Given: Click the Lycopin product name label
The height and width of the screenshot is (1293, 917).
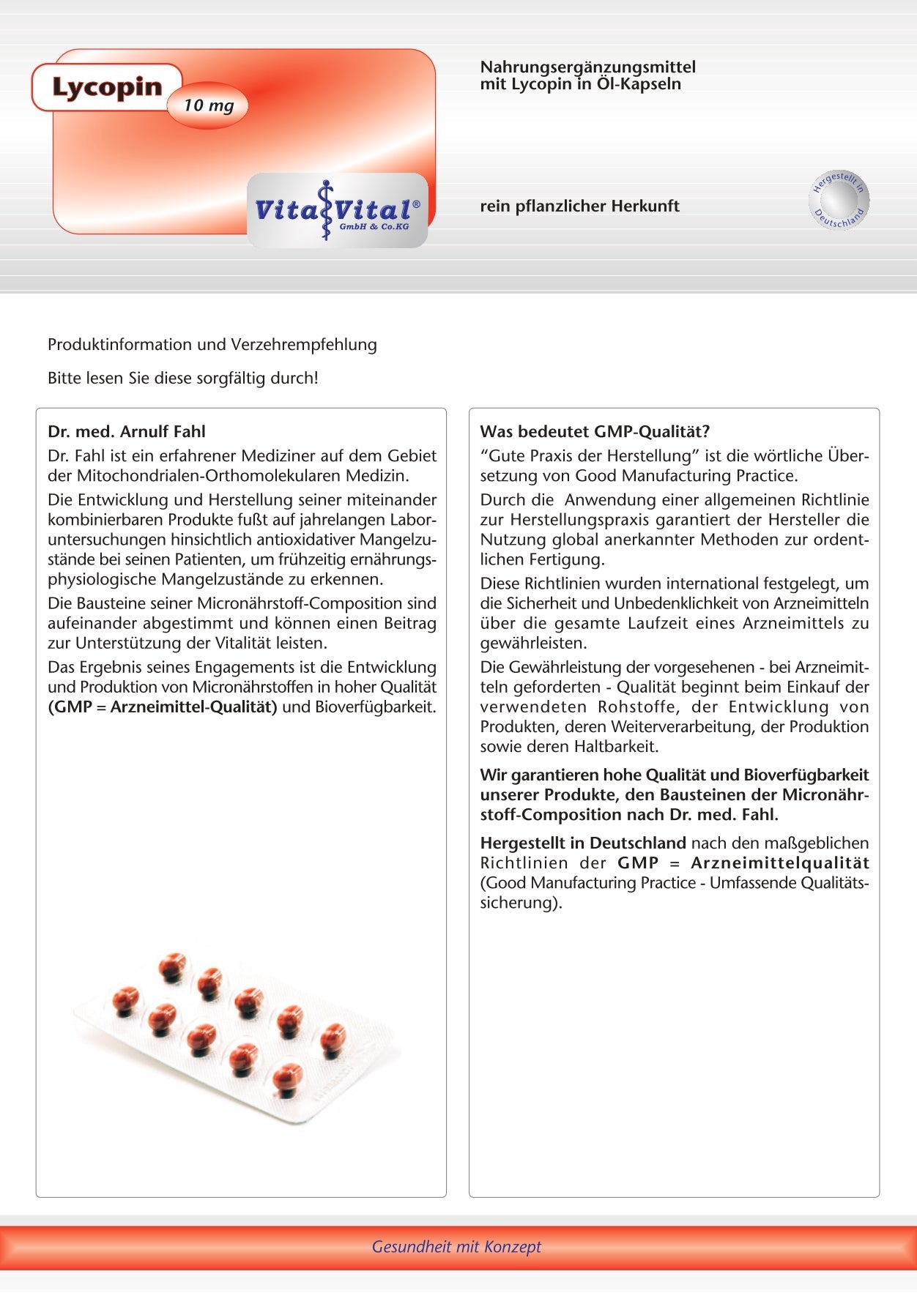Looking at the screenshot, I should click(107, 87).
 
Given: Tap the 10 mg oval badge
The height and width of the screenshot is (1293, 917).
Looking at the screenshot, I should click(209, 105).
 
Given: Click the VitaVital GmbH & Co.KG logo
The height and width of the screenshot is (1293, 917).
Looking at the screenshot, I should click(338, 211).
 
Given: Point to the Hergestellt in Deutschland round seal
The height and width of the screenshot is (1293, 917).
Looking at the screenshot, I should click(839, 200).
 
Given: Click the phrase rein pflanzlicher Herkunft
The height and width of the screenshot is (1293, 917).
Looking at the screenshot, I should click(579, 206).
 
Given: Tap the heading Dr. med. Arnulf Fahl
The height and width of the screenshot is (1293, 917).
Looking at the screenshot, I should click(127, 431).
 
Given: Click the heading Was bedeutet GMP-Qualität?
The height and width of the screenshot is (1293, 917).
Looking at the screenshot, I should click(595, 431).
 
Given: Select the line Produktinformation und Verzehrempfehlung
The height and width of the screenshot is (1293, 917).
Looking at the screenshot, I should click(212, 344).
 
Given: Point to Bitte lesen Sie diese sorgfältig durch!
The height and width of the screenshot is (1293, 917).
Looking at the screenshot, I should click(183, 379).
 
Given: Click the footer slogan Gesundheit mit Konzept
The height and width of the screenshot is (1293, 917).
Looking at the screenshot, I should click(456, 1246).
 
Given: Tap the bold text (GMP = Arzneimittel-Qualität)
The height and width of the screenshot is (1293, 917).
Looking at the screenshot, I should click(163, 707).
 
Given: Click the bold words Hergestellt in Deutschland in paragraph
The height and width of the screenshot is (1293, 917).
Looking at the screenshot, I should click(583, 843).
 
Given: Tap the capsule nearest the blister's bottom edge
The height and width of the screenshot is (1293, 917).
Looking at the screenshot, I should click(287, 1079).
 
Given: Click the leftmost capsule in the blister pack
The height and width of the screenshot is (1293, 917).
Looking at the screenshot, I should click(125, 999).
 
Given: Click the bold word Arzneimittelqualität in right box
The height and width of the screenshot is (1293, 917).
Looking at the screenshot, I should click(780, 863).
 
